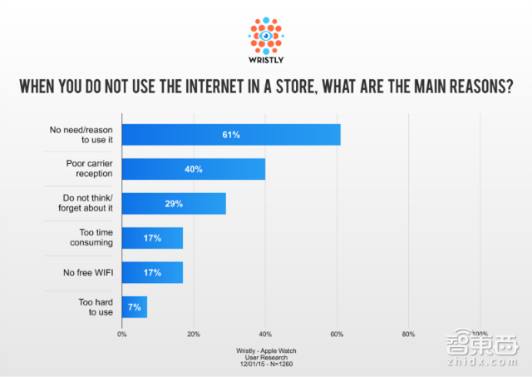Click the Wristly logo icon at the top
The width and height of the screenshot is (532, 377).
coord(266,34)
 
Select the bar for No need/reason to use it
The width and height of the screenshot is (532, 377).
coord(231,134)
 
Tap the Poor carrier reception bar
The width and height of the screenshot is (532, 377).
coord(194,168)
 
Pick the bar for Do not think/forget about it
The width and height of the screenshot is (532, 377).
coord(174,203)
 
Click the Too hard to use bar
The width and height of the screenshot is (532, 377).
coord(135,306)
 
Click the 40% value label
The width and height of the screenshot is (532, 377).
coord(194,168)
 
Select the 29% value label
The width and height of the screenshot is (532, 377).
coord(174,203)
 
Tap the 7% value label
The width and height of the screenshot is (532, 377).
coord(135,306)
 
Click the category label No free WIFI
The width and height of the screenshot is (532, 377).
coord(88,272)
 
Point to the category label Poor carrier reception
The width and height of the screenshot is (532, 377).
coord(89,169)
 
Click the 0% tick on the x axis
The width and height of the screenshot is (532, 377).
coord(122,334)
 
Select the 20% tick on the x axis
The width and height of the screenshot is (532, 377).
coord(194,334)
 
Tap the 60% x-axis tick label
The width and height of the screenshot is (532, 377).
coord(337,334)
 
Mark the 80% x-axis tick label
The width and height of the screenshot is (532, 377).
coord(408,334)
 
